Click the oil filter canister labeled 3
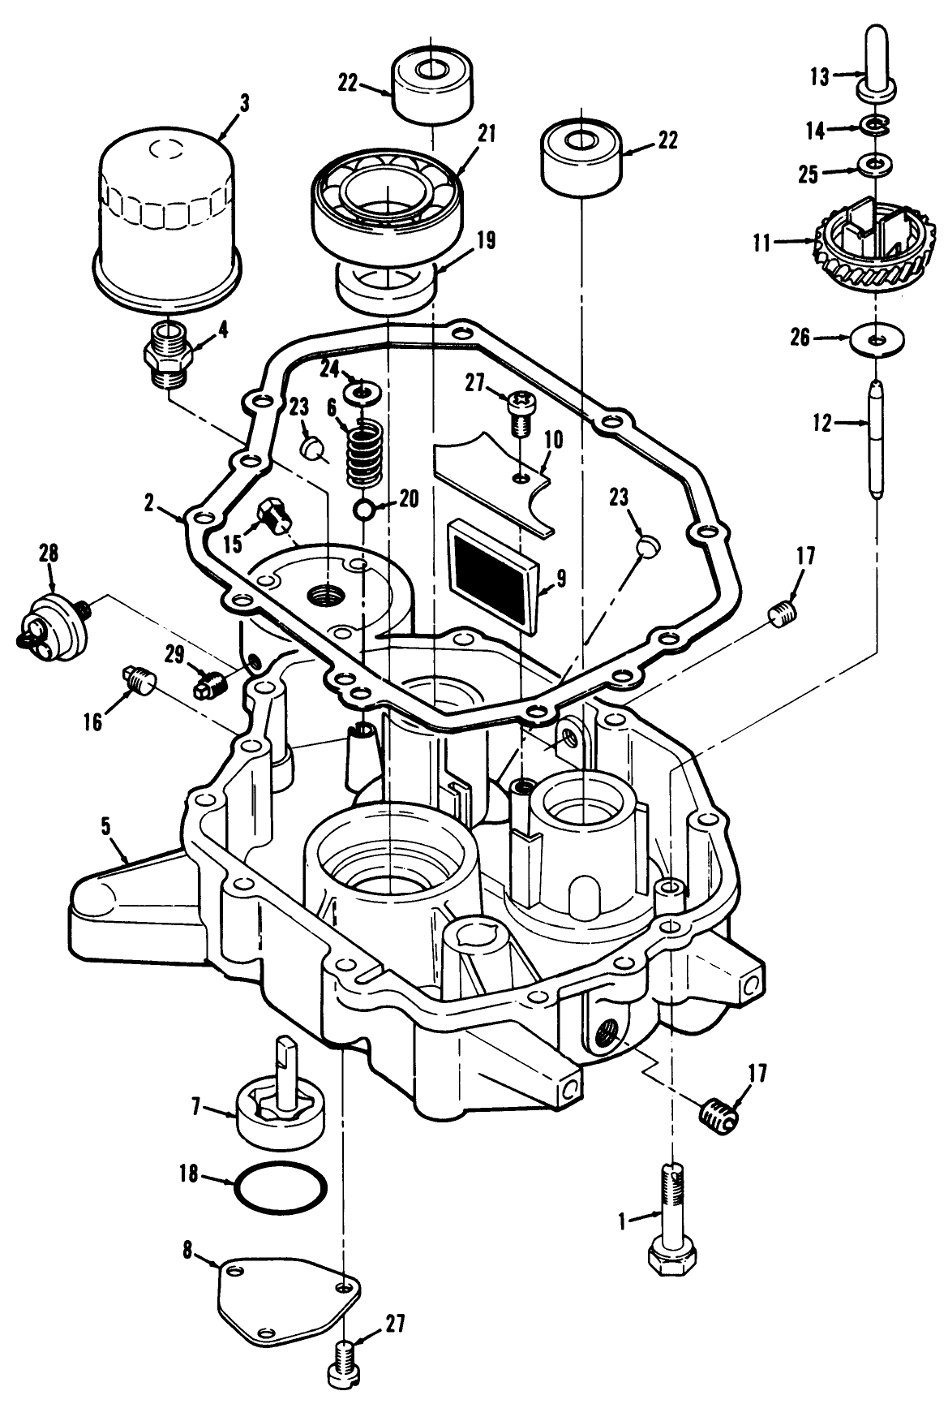point(166,211)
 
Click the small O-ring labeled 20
point(364,509)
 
